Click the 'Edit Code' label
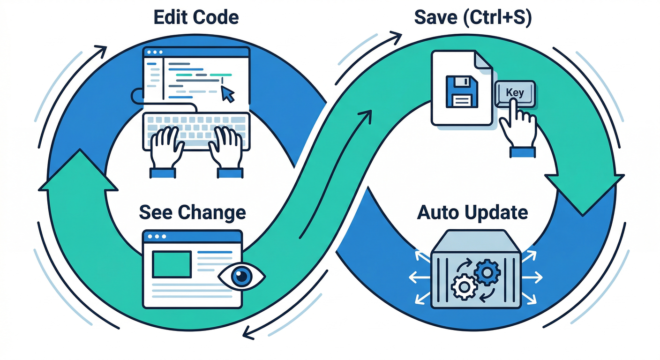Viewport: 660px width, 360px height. click(x=196, y=17)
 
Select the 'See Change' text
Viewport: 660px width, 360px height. click(x=192, y=212)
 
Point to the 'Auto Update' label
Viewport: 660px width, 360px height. click(x=472, y=212)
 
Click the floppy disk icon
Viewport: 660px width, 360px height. click(x=462, y=92)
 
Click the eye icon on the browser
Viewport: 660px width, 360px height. click(x=242, y=276)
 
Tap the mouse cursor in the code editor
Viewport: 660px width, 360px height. click(x=227, y=94)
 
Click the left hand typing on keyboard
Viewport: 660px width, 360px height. click(x=164, y=148)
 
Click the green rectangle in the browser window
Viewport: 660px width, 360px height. click(x=172, y=264)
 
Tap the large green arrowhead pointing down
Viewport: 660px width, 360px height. click(x=584, y=192)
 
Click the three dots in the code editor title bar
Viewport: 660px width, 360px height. click(x=155, y=52)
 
